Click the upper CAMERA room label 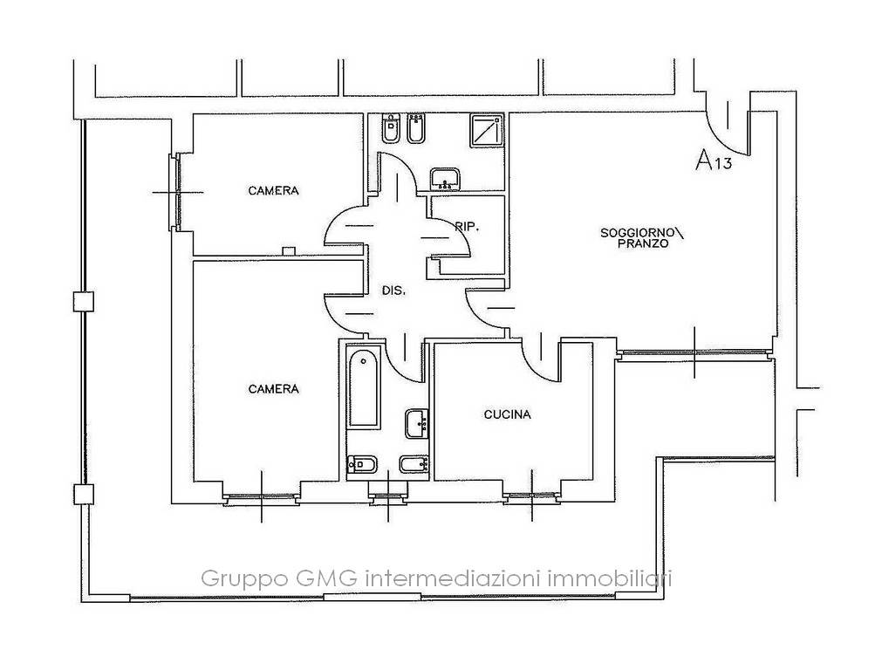pos(273,191)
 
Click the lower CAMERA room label pos(273,389)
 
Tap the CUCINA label pos(507,414)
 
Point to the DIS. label pos(393,291)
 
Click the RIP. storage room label pos(467,227)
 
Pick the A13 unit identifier pos(713,161)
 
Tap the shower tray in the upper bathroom pos(487,131)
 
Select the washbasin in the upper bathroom pos(445,179)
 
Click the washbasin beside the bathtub pos(417,424)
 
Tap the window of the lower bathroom pos(388,496)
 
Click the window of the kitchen pos(532,496)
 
